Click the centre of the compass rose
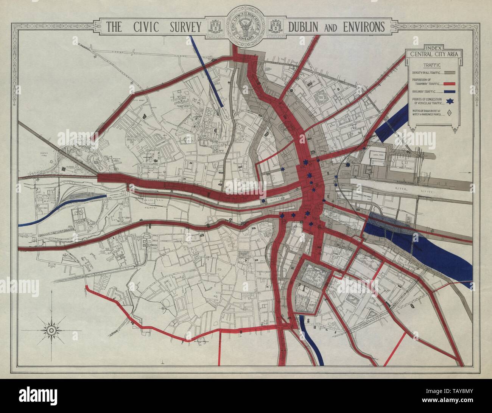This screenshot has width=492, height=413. point(51,330)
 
